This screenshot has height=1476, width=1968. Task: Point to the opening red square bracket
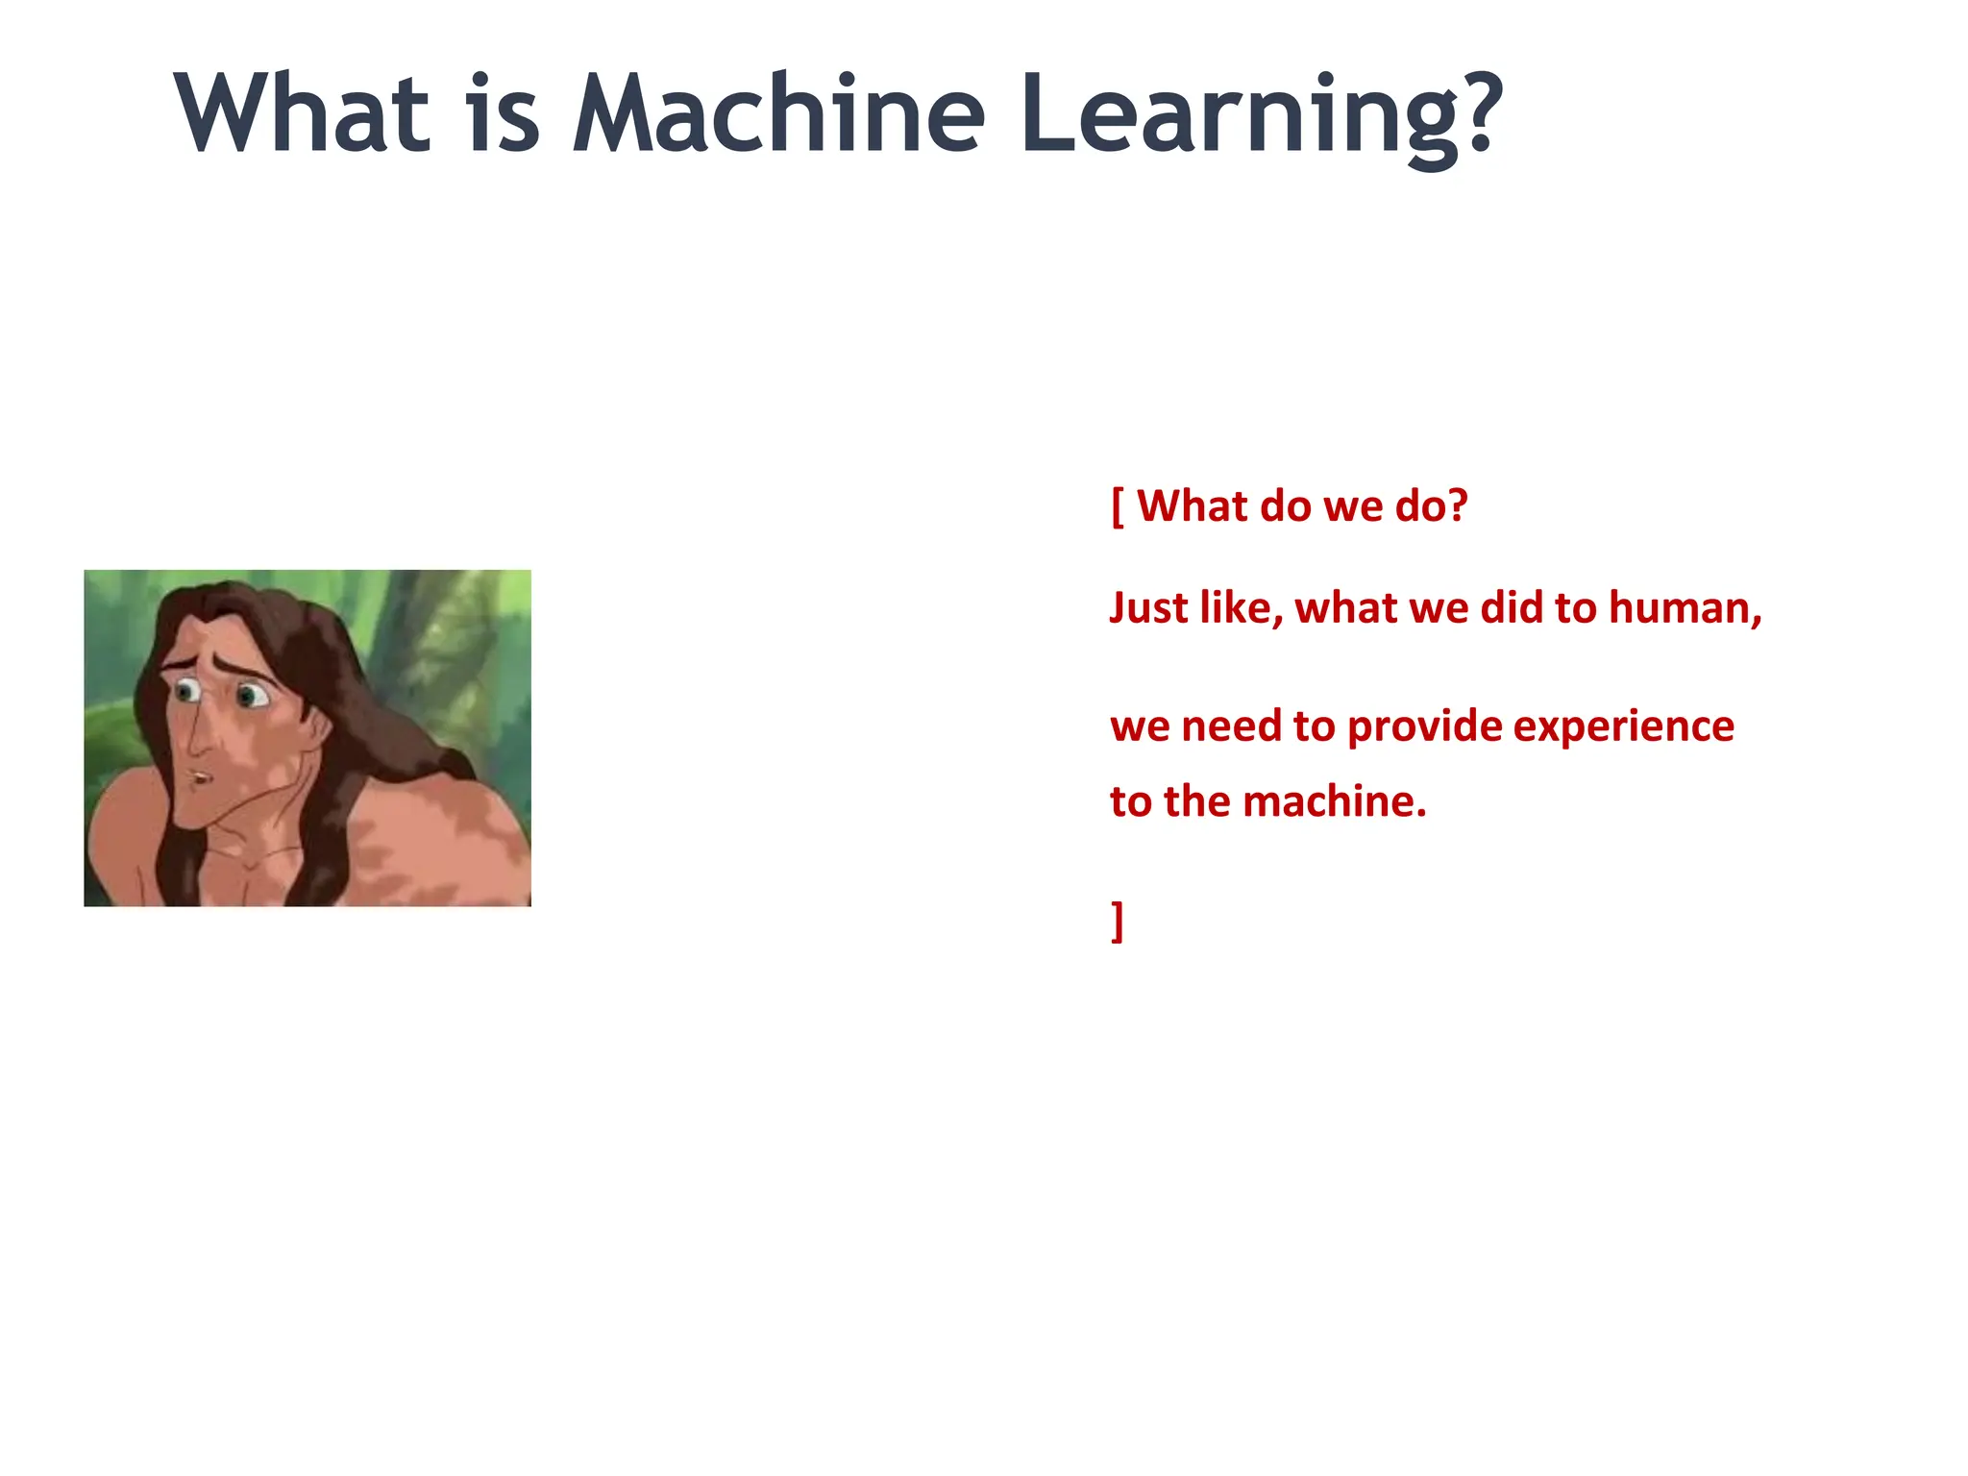coord(1118,506)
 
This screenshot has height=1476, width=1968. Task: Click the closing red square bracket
coord(1118,922)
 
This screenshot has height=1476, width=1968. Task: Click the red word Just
coord(1148,608)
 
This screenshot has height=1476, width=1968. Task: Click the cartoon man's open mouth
coord(198,776)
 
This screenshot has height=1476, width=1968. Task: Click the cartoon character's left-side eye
coord(186,691)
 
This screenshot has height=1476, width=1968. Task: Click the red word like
coord(1241,608)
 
